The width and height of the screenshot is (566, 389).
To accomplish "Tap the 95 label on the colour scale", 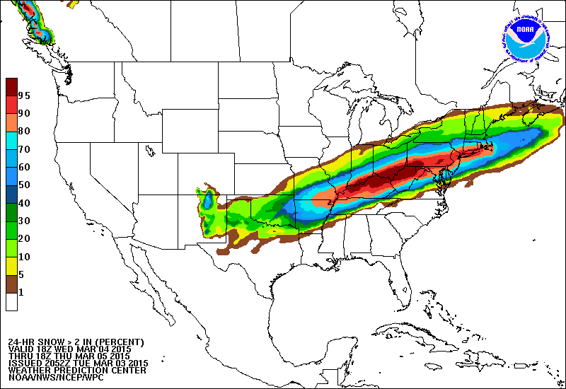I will [x=24, y=95].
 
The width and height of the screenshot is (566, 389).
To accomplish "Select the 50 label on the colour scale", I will [x=24, y=185].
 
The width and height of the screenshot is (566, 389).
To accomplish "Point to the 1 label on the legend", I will [x=21, y=292].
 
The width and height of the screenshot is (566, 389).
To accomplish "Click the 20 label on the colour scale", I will [x=24, y=238].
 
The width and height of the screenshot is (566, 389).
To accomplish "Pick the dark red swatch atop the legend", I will [x=11, y=86].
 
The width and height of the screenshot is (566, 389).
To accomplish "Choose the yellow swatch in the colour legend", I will [x=11, y=266].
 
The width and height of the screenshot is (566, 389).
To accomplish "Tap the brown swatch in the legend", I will [x=11, y=284].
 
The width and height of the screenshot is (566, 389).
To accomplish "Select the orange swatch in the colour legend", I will [x=11, y=122].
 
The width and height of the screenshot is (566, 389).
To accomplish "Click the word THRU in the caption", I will [x=20, y=356].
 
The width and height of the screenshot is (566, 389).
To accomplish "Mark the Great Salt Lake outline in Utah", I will [x=150, y=151].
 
